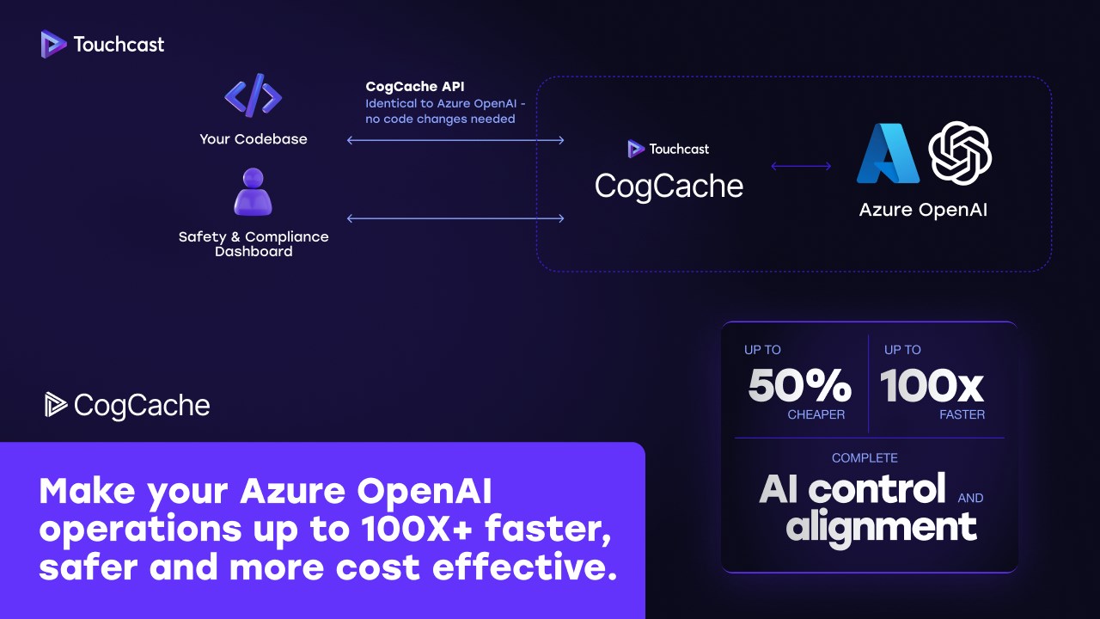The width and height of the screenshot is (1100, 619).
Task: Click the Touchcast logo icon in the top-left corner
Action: pyautogui.click(x=53, y=44)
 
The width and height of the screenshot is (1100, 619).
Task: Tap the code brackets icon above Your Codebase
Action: pyautogui.click(x=253, y=95)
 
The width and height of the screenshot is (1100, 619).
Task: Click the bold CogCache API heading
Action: pyautogui.click(x=415, y=86)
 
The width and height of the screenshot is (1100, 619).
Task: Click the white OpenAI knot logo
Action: pyautogui.click(x=960, y=153)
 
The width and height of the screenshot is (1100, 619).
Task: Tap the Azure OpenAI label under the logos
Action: pyautogui.click(x=923, y=209)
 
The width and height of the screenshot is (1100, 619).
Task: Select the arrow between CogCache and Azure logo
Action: pyautogui.click(x=801, y=166)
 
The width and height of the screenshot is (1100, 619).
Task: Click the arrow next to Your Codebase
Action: pyautogui.click(x=455, y=140)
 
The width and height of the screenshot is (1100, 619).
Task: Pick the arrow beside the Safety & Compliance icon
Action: pyautogui.click(x=455, y=218)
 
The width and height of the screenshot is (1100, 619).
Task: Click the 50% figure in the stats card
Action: pyautogui.click(x=799, y=385)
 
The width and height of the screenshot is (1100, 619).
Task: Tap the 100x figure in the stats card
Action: pyautogui.click(x=932, y=385)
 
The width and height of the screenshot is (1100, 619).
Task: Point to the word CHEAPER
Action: pyautogui.click(x=816, y=414)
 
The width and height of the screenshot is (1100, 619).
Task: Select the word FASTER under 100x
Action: pyautogui.click(x=962, y=414)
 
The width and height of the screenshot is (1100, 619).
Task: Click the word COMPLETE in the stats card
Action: pyautogui.click(x=865, y=458)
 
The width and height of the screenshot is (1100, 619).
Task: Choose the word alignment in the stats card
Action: pyautogui.click(x=881, y=525)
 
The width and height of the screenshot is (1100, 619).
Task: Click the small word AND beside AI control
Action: pyautogui.click(x=970, y=498)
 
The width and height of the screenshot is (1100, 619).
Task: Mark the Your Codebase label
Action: pyautogui.click(x=253, y=138)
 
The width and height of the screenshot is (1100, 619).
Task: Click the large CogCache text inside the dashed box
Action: pyautogui.click(x=669, y=186)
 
